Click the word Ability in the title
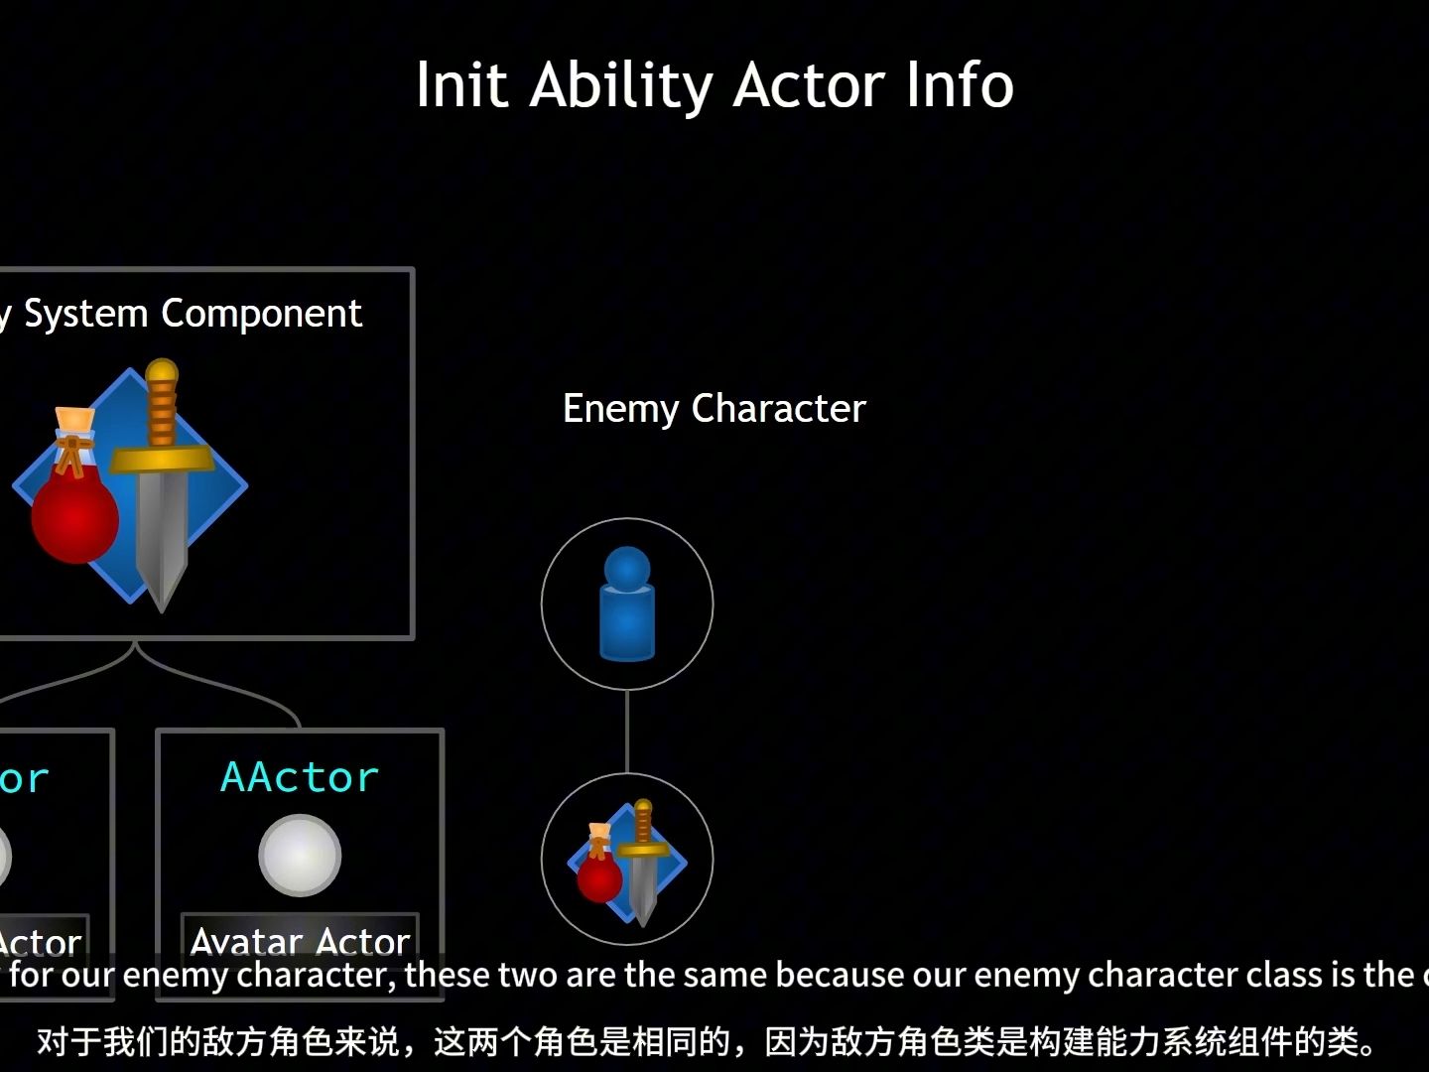coord(620,85)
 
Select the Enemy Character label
coord(714,409)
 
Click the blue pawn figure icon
coord(627,603)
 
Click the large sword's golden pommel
coord(161,374)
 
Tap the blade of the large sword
coord(162,536)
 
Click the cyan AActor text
coord(300,777)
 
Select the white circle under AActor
coord(300,855)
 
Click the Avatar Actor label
coord(300,939)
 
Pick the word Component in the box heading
coord(262,314)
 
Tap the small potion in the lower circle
coord(599,873)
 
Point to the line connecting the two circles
coord(627,732)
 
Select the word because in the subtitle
coord(840,975)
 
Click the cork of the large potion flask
coord(75,421)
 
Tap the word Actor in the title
coord(808,85)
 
